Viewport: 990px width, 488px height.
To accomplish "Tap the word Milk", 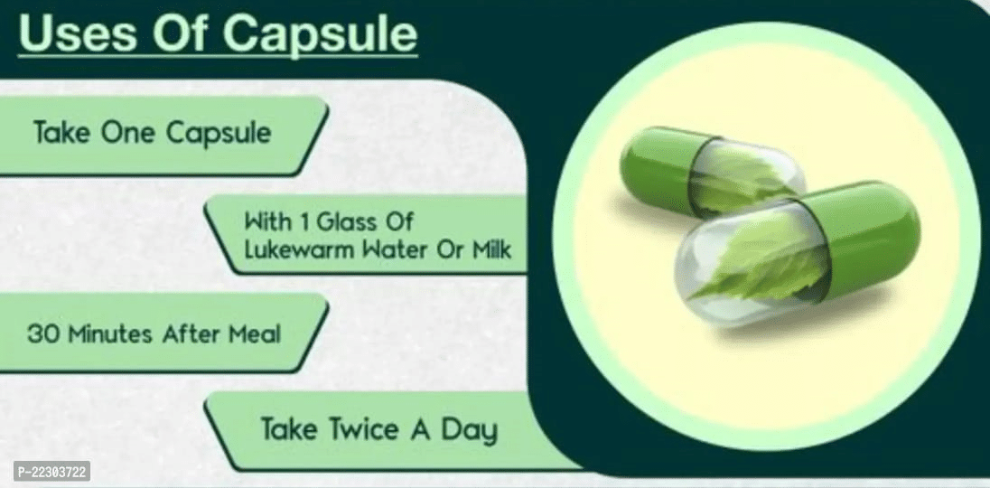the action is (x=490, y=249).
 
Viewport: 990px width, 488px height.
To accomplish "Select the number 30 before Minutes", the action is (x=43, y=333).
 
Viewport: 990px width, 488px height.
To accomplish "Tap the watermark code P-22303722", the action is (x=51, y=471).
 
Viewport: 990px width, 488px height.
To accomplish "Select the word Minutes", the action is (x=111, y=333).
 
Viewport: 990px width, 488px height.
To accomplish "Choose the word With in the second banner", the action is (x=267, y=221).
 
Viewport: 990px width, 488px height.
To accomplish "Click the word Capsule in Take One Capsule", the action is (x=219, y=134).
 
